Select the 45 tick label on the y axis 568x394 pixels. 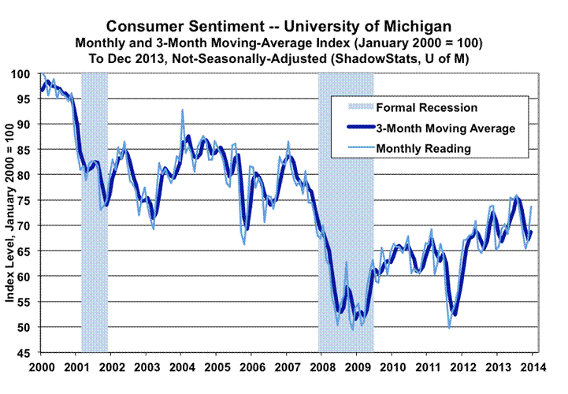point(28,352)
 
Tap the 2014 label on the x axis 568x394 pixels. point(530,368)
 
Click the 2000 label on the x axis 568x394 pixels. point(41,368)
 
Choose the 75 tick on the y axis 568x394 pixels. point(28,200)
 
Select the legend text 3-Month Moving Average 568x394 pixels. point(446,128)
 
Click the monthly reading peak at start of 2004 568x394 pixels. point(183,110)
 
